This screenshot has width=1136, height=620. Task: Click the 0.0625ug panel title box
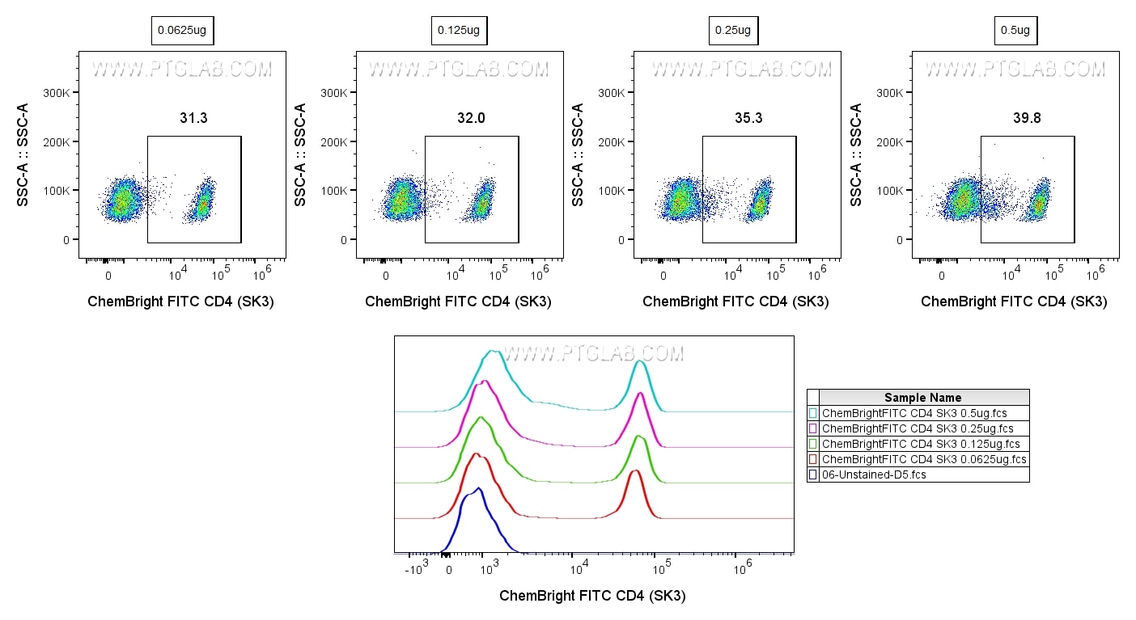pos(183,31)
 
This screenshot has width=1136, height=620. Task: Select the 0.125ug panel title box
pos(459,31)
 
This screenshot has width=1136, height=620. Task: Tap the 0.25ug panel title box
pos(733,31)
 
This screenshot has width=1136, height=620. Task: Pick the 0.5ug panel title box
pos(1015,31)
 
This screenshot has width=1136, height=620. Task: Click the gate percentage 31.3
pos(193,118)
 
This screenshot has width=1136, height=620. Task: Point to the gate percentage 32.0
pos(471,118)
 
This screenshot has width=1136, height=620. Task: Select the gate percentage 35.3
pos(748,118)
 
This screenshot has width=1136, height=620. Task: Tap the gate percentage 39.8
pos(1027,118)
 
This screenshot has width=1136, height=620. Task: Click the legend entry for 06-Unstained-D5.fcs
pos(874,474)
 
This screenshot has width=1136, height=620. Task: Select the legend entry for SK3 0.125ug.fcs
pos(921,444)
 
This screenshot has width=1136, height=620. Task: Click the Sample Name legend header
pos(923,398)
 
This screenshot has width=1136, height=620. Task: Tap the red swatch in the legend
pos(812,459)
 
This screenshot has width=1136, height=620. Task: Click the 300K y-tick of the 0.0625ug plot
pos(57,93)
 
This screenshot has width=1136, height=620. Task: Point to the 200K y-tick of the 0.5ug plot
pos(890,142)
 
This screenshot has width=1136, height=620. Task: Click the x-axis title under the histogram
pos(592,596)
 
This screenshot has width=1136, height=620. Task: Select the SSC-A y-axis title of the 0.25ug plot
pos(579,154)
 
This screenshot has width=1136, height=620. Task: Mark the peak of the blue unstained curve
pos(479,488)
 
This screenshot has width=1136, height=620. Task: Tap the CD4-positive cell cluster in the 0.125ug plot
pos(482,202)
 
